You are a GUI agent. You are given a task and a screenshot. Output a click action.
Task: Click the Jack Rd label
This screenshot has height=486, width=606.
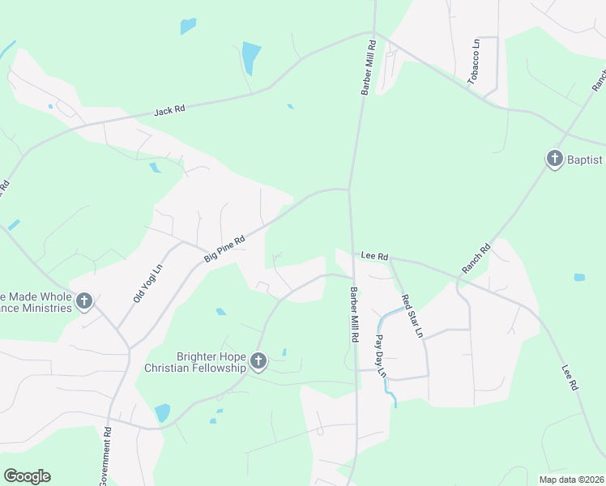pyautogui.click(x=170, y=108)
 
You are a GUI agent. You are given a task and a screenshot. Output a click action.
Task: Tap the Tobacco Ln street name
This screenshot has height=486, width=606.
pyautogui.click(x=475, y=62)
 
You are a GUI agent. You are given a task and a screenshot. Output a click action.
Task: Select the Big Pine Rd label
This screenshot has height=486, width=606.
pyautogui.click(x=224, y=249)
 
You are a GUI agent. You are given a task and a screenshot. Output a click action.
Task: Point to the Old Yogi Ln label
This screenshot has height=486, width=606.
pyautogui.click(x=148, y=283)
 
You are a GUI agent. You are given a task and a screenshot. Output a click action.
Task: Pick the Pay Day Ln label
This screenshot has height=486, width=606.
pyautogui.click(x=381, y=356)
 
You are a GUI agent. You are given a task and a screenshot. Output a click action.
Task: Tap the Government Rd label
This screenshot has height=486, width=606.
pyautogui.click(x=106, y=456)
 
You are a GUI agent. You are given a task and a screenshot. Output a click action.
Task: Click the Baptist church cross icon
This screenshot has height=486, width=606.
pyautogui.click(x=555, y=159)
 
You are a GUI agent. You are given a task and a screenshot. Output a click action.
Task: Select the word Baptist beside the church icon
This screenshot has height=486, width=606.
pyautogui.click(x=586, y=160)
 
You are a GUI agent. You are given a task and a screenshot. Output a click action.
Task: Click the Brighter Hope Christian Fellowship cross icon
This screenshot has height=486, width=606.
pyautogui.click(x=258, y=361)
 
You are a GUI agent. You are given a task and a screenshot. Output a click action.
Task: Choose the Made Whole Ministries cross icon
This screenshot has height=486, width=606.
pyautogui.click(x=84, y=302)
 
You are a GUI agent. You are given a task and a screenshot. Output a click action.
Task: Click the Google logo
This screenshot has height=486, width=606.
pyautogui.click(x=27, y=476)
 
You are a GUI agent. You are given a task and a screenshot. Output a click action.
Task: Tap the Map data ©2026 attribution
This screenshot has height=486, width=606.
pyautogui.click(x=570, y=479)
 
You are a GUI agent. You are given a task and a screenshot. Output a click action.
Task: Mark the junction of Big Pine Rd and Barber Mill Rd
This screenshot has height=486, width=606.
pyautogui.click(x=349, y=190)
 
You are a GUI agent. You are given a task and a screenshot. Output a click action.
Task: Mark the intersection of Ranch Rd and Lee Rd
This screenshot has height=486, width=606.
pyautogui.click(x=459, y=282)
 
